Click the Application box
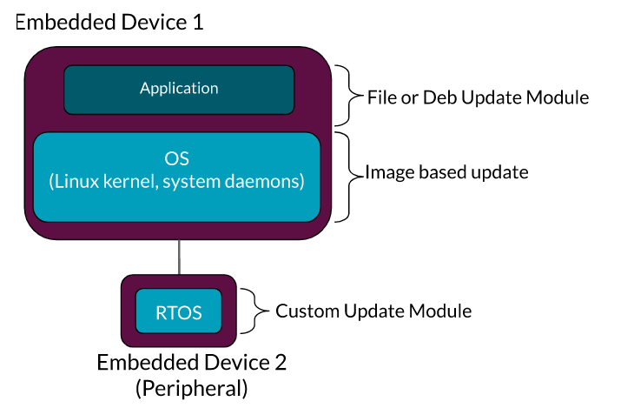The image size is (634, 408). click(179, 89)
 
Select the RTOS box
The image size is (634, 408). click(179, 312)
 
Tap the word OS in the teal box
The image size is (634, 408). click(177, 158)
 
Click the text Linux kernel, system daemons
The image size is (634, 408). click(177, 182)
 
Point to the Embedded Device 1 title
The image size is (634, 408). click(109, 21)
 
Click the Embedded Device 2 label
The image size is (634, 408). click(191, 363)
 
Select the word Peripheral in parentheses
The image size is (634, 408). click(191, 388)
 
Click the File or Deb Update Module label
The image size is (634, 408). click(478, 97)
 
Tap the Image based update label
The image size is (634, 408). click(446, 172)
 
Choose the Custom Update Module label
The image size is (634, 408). click(373, 311)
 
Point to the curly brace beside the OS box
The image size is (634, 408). click(350, 175)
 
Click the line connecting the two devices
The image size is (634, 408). click(180, 258)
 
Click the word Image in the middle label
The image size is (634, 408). click(386, 172)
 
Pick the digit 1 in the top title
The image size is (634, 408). click(198, 21)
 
